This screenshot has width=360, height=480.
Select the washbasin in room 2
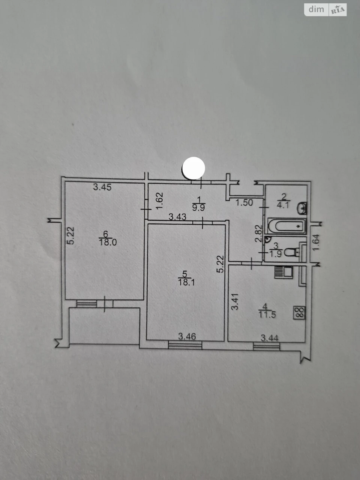point(302,208)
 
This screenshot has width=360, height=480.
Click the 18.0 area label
point(108,242)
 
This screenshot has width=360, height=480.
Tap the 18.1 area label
point(186,282)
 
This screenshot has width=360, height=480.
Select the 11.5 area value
point(267,315)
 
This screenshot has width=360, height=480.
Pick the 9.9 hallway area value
point(198,207)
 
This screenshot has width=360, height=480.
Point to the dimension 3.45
point(102,187)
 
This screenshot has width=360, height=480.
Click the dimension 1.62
point(160,201)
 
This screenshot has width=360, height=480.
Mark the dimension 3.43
point(177,217)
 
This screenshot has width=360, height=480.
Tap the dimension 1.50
point(244,203)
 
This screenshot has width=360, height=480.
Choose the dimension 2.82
point(258,233)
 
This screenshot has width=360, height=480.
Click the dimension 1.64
point(316,242)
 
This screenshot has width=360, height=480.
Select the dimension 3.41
point(235,302)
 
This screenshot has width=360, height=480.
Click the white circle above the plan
point(193,168)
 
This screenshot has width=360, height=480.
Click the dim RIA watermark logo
point(325,10)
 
